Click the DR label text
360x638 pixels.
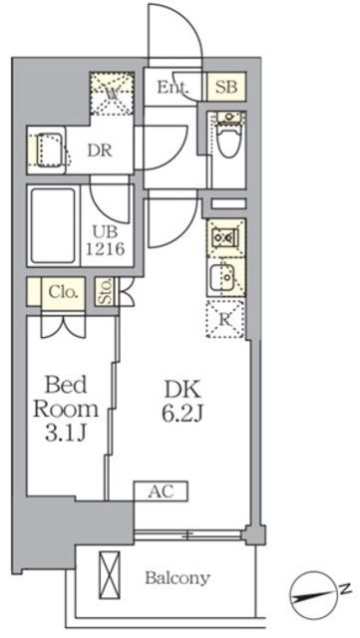(98, 152)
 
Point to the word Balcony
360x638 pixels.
(178, 577)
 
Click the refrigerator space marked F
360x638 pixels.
(226, 319)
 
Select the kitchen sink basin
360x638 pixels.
(220, 275)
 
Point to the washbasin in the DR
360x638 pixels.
(46, 151)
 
